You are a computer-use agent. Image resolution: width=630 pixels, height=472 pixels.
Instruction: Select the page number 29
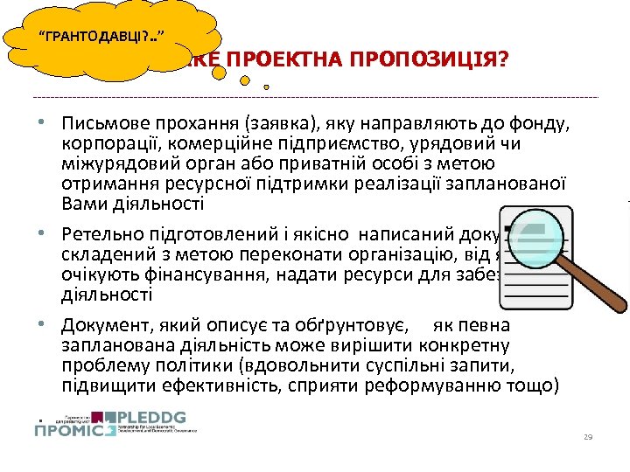[588, 436]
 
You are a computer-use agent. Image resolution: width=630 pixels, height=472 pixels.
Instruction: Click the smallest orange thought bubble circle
[266, 86]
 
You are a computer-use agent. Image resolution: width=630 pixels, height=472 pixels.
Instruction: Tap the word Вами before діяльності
[81, 204]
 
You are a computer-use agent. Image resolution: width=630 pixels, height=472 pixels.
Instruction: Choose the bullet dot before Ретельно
[53, 234]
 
